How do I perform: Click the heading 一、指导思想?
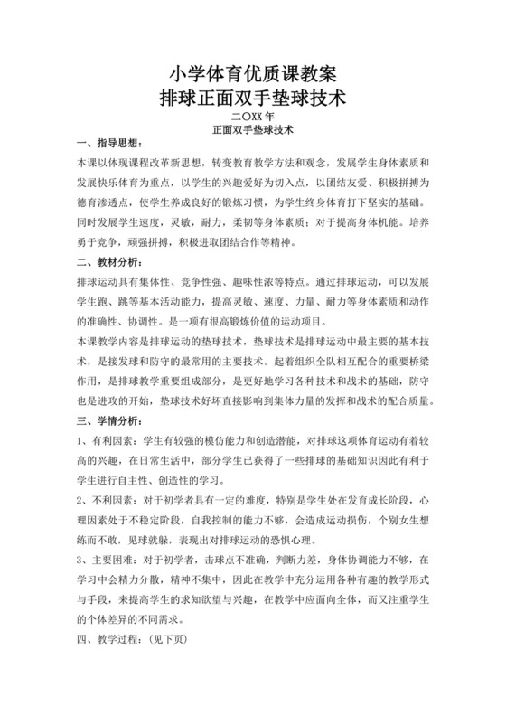(x=108, y=145)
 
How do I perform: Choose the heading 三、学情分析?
(x=108, y=420)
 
